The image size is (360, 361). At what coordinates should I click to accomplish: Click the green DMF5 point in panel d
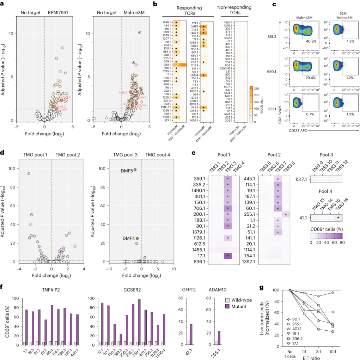click(135, 170)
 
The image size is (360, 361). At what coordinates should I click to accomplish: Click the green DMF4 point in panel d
click(137, 239)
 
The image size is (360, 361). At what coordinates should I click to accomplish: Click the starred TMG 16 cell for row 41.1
click(339, 218)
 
